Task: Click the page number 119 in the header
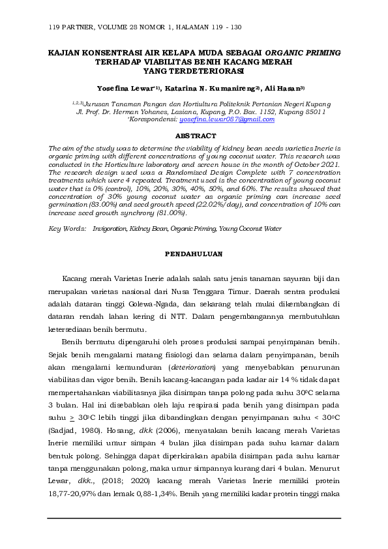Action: pyautogui.click(x=54, y=27)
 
